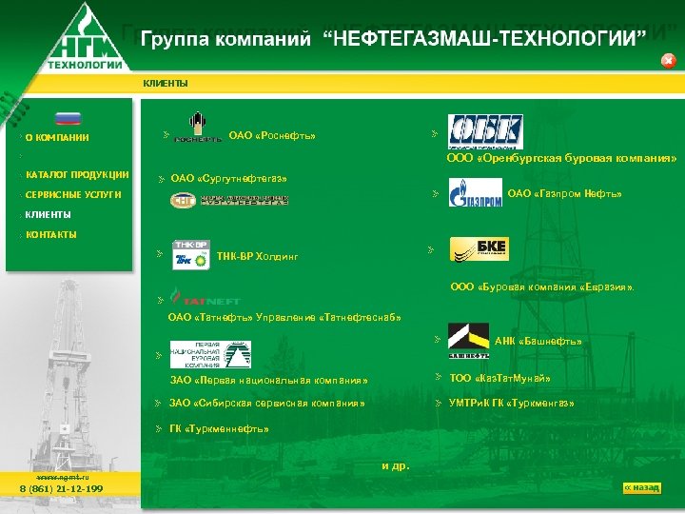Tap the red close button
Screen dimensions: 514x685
[x=668, y=60]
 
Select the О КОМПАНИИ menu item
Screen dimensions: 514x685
[x=57, y=137]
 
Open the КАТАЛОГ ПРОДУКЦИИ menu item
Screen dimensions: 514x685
[x=77, y=174]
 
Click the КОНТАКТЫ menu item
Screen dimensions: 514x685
[x=51, y=234]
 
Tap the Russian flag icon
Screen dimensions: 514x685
[x=68, y=119]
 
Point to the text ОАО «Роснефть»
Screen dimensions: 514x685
[x=272, y=135]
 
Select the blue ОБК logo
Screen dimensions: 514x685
[x=484, y=132]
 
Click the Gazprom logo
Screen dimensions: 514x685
[x=473, y=196]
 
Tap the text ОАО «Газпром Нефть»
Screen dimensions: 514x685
[x=564, y=194]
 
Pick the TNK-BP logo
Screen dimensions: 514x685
[x=191, y=254]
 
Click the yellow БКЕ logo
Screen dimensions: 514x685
[x=479, y=249]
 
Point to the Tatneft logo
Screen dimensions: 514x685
[x=199, y=298]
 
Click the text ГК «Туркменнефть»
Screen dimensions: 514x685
[x=219, y=428]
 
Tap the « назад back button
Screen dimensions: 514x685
[x=641, y=487]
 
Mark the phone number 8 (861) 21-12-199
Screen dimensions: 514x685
[x=62, y=488]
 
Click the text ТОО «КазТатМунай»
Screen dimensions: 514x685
[x=499, y=378]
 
